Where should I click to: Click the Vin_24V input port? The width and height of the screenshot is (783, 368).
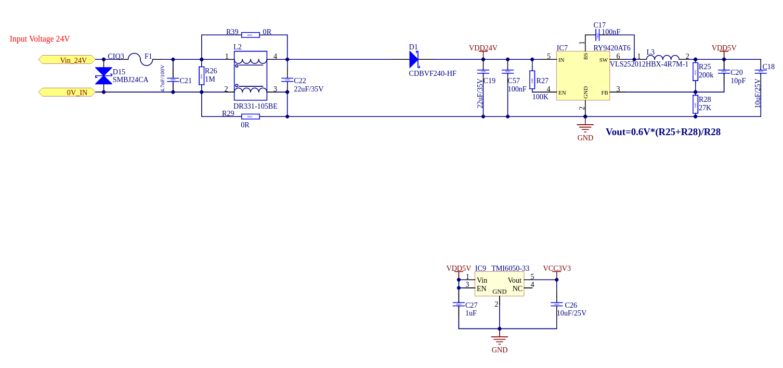coord(67,60)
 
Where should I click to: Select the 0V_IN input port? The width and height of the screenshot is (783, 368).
coord(67,93)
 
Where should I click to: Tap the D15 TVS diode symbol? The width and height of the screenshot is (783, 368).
coord(103,76)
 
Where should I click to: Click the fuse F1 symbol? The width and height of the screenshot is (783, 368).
coord(140,59)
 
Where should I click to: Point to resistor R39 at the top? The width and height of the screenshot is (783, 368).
coord(250,35)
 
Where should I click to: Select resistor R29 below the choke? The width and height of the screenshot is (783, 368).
coord(250,116)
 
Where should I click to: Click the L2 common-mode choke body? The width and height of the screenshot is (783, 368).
coord(250,76)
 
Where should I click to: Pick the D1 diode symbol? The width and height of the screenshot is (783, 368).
coord(414,59)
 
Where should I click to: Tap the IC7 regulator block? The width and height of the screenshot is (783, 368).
coord(583,76)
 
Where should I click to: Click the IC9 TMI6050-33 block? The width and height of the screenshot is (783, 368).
coord(499,284)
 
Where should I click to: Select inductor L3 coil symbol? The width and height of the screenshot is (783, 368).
coord(662,58)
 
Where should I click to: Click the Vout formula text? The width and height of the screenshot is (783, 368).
coord(663,132)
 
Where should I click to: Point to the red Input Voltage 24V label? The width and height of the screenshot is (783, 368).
coord(40,39)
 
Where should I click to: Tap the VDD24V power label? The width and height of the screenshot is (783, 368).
coord(483,48)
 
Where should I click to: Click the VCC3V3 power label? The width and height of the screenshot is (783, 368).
coord(557,269)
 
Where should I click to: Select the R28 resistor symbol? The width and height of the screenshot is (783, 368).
coord(695,104)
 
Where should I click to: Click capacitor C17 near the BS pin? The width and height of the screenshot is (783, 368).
coord(598,35)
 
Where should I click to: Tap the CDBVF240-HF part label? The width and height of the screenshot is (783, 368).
coord(433,74)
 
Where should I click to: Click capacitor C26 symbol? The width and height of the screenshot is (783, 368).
coord(557,305)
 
